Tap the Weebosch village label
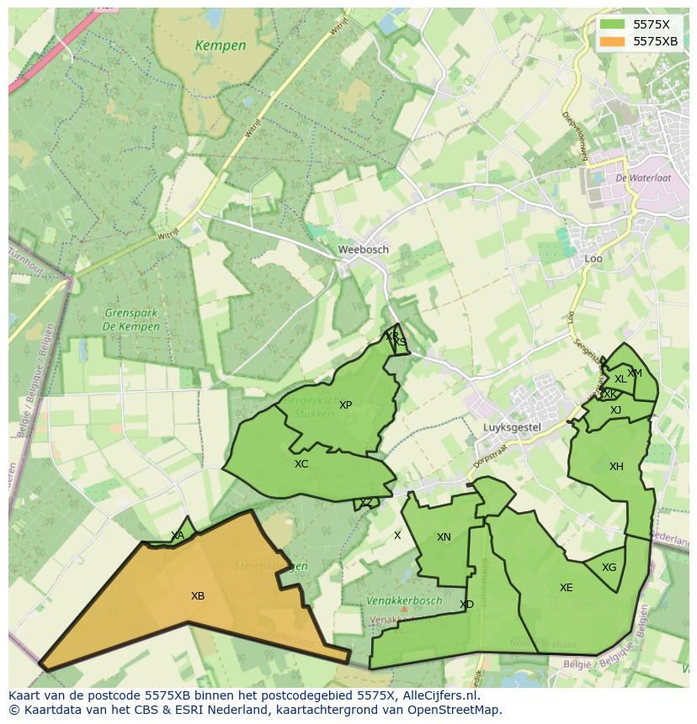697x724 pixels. pos(363,250)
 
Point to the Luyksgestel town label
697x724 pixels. pos(511,427)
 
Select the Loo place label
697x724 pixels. pos(593,258)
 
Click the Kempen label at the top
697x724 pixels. pos(220,45)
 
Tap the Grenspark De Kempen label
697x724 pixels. pos(130,320)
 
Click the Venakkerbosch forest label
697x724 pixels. pos(404,601)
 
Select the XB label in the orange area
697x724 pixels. pos(198,596)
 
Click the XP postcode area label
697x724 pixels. pos(345,405)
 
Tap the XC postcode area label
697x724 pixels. pos(301,464)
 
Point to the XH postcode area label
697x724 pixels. pos(616,467)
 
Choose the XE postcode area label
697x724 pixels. pos(566,588)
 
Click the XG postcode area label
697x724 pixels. pos(609,568)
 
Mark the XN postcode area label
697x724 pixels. pos(444,537)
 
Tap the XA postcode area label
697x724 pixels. pos(178,536)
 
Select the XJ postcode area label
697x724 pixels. pos(615,410)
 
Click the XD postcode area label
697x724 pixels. pos(466,605)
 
